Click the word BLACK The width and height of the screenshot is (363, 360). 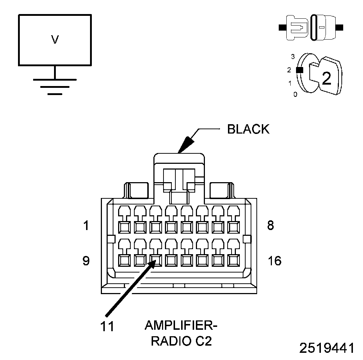click(248, 129)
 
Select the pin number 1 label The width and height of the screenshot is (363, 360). click(86, 225)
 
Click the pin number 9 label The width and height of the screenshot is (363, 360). click(86, 261)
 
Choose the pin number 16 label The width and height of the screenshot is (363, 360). click(274, 261)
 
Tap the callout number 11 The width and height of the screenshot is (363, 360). click(107, 327)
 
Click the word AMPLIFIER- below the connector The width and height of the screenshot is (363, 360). click(181, 325)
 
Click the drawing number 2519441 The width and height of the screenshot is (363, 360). click(327, 348)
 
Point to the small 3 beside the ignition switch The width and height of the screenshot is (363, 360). click(293, 57)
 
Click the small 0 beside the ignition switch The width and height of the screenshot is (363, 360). click(295, 94)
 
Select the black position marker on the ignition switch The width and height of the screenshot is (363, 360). click(300, 70)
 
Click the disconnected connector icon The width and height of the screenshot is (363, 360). click(311, 28)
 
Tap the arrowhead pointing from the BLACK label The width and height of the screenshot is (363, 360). click(186, 145)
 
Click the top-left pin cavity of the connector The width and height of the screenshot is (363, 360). click(124, 227)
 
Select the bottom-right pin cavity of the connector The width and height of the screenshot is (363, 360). click(233, 260)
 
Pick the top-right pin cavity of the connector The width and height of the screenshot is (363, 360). click(233, 227)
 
